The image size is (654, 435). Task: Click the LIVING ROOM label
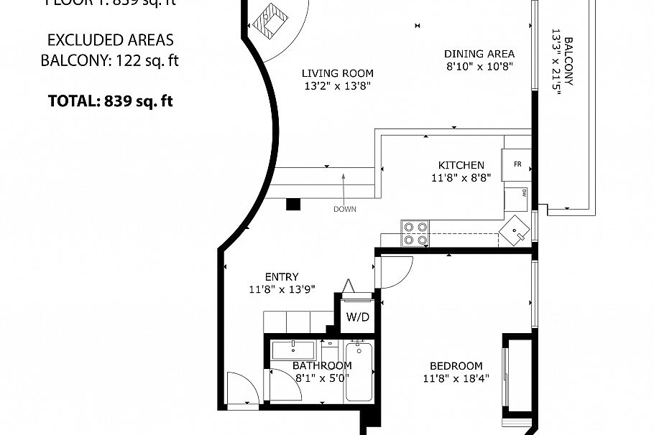(x=337, y=73)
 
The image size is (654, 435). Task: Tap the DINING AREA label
(x=479, y=54)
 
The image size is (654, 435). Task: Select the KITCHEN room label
(x=461, y=165)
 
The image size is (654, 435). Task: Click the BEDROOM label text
(x=456, y=365)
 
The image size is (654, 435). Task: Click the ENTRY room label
(x=281, y=277)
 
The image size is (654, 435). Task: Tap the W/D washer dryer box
(x=357, y=317)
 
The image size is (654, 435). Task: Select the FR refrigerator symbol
(x=517, y=164)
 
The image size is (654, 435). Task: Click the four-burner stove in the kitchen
(x=415, y=233)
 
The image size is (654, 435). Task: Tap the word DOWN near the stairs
(x=344, y=210)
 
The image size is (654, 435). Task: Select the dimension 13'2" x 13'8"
(x=337, y=86)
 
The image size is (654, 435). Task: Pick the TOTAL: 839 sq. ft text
(x=110, y=101)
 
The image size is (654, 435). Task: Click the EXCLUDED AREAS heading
(x=110, y=40)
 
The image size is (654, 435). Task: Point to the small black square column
(x=293, y=205)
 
